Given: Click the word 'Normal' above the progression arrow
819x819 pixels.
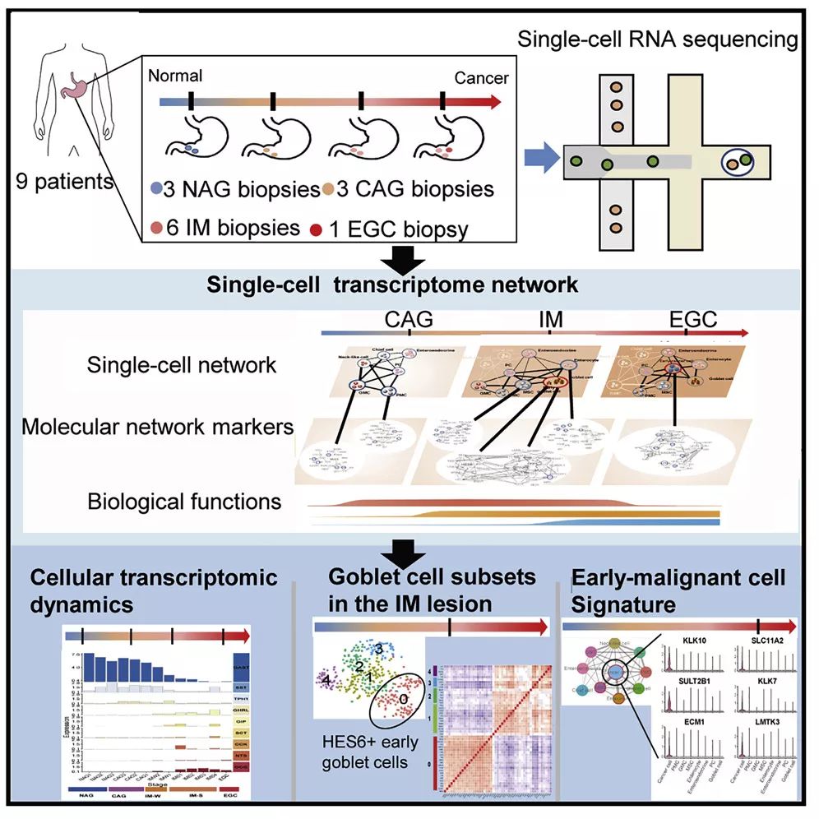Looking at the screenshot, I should (x=175, y=76).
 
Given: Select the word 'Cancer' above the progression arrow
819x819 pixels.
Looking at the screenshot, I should (x=482, y=78).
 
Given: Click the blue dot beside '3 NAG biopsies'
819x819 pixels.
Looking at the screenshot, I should (x=157, y=189).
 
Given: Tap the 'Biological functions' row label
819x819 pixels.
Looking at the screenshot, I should (x=184, y=500).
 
